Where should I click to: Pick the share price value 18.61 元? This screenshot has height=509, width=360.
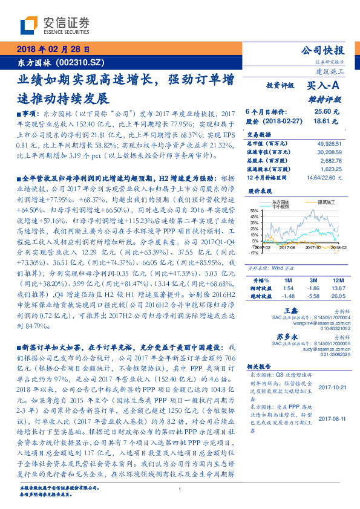[322, 122]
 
